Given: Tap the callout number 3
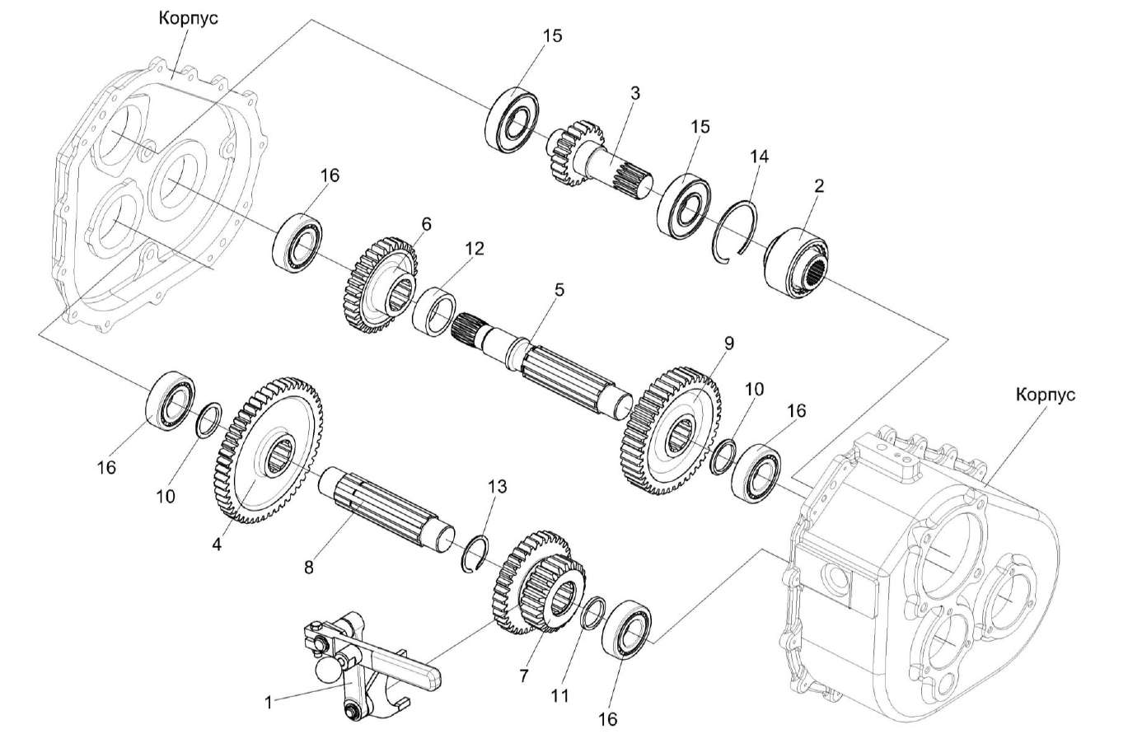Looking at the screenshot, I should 634,92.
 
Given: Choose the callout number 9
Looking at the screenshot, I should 728,341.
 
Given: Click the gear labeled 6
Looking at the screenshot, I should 379,285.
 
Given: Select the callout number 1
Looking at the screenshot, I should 268,702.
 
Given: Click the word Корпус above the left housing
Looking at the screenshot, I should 189,18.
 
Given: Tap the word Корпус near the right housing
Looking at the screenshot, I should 1045,395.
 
